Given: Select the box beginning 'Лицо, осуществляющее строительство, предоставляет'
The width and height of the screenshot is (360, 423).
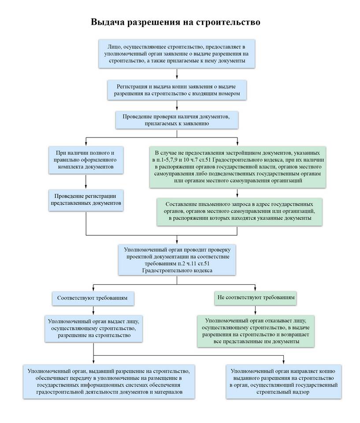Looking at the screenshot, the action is click(x=177, y=54).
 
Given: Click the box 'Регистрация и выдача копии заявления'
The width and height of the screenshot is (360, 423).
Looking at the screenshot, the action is click(x=177, y=90).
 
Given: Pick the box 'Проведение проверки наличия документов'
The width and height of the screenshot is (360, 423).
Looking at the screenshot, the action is click(x=177, y=120).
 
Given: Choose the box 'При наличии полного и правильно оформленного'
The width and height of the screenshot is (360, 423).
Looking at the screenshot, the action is click(x=86, y=160).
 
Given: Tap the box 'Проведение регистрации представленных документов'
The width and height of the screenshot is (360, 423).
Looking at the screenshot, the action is click(x=86, y=200).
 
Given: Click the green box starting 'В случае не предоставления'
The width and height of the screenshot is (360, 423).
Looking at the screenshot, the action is click(x=238, y=167).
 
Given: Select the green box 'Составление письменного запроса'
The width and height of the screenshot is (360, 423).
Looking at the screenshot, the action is click(x=239, y=211).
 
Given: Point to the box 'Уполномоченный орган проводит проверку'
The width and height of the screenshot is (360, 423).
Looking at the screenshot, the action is click(x=177, y=260).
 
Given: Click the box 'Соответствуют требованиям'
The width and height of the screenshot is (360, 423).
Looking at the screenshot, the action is click(x=93, y=298).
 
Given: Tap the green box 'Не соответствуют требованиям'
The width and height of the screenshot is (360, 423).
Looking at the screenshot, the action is click(x=256, y=297).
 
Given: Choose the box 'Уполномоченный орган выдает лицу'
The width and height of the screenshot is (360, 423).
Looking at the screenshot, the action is click(x=94, y=329).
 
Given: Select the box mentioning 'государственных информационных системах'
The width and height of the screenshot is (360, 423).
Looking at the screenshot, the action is click(x=109, y=382).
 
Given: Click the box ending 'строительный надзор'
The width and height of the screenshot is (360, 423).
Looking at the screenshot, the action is click(x=284, y=382).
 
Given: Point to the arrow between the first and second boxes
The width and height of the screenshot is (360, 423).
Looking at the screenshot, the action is click(x=177, y=74).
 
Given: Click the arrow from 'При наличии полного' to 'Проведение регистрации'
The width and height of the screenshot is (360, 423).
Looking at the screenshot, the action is click(x=86, y=182).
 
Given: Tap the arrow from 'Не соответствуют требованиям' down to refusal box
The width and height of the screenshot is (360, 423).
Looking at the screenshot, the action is click(x=255, y=310).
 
